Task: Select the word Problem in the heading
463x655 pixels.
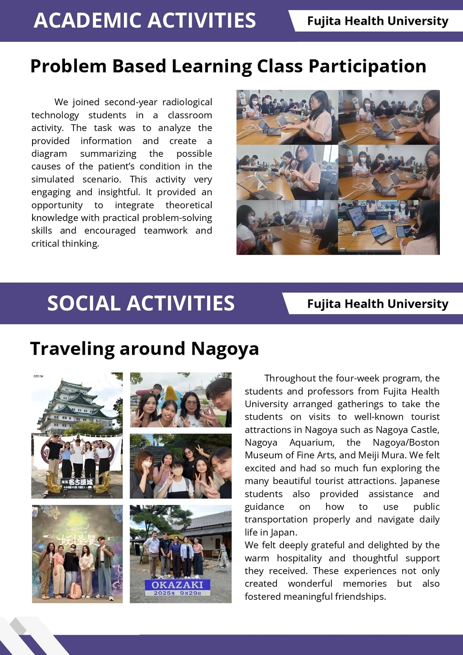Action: [x=68, y=66]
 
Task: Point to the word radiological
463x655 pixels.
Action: [x=187, y=102]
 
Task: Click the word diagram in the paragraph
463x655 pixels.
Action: [x=49, y=154]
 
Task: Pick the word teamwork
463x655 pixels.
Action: [x=166, y=230]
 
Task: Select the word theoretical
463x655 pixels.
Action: [x=188, y=205]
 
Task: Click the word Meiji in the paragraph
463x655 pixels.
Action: [x=370, y=455]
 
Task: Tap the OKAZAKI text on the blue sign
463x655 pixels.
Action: [x=177, y=585]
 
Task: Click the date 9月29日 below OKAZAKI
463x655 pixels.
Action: [x=190, y=593]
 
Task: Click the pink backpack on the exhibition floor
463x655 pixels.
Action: [x=75, y=591]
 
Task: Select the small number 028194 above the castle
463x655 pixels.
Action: [x=38, y=376]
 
